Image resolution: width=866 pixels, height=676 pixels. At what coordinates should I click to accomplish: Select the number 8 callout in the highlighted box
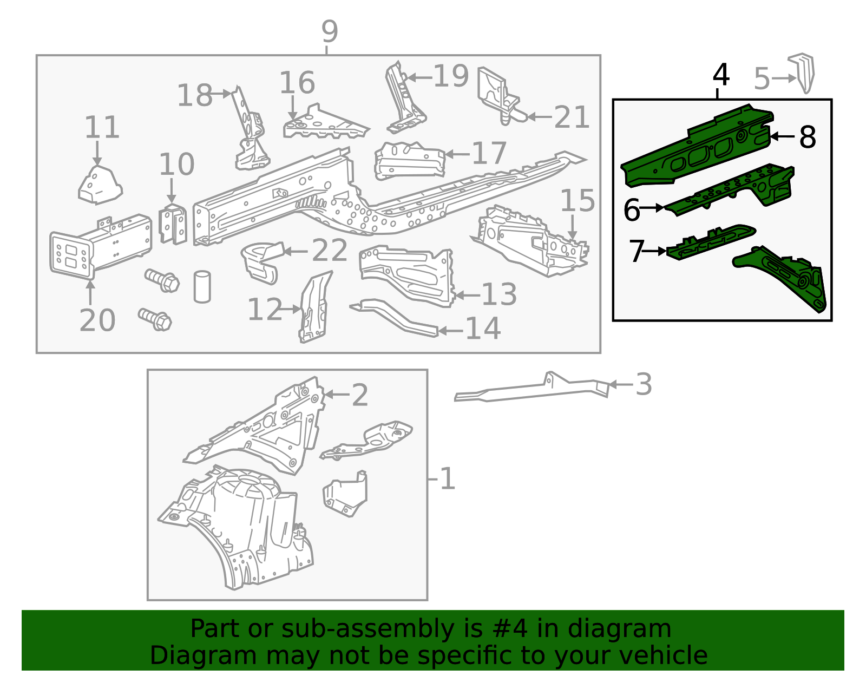click(x=807, y=137)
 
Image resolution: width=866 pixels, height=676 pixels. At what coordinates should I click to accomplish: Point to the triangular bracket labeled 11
click(x=100, y=186)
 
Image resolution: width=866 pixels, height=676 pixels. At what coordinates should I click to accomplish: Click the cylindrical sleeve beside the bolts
click(x=202, y=286)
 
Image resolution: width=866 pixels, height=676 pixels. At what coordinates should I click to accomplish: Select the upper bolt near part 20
click(x=162, y=280)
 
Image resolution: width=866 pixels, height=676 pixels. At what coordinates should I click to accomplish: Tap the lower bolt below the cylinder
click(x=155, y=319)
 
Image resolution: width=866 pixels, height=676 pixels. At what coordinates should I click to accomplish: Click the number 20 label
click(x=97, y=320)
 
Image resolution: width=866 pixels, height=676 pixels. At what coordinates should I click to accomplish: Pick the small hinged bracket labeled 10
click(x=173, y=224)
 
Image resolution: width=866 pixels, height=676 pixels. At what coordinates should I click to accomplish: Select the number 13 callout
click(x=499, y=294)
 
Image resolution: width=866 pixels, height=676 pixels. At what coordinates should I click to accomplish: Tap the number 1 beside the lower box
click(x=447, y=479)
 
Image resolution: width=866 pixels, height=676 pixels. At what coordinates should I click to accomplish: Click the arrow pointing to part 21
click(x=539, y=116)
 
